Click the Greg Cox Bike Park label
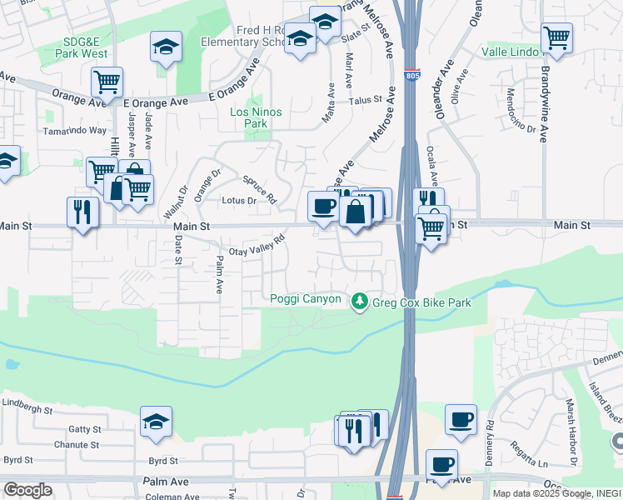(421, 302)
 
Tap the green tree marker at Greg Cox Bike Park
(360, 301)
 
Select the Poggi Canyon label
(306, 299)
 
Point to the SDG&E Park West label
(83, 47)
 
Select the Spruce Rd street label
(259, 189)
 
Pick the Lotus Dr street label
(238, 201)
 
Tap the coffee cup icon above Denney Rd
(461, 420)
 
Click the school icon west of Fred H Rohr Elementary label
(166, 47)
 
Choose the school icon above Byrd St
(156, 422)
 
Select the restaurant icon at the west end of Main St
(82, 211)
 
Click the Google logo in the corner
(27, 490)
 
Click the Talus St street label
(365, 99)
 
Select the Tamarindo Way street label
(76, 131)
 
